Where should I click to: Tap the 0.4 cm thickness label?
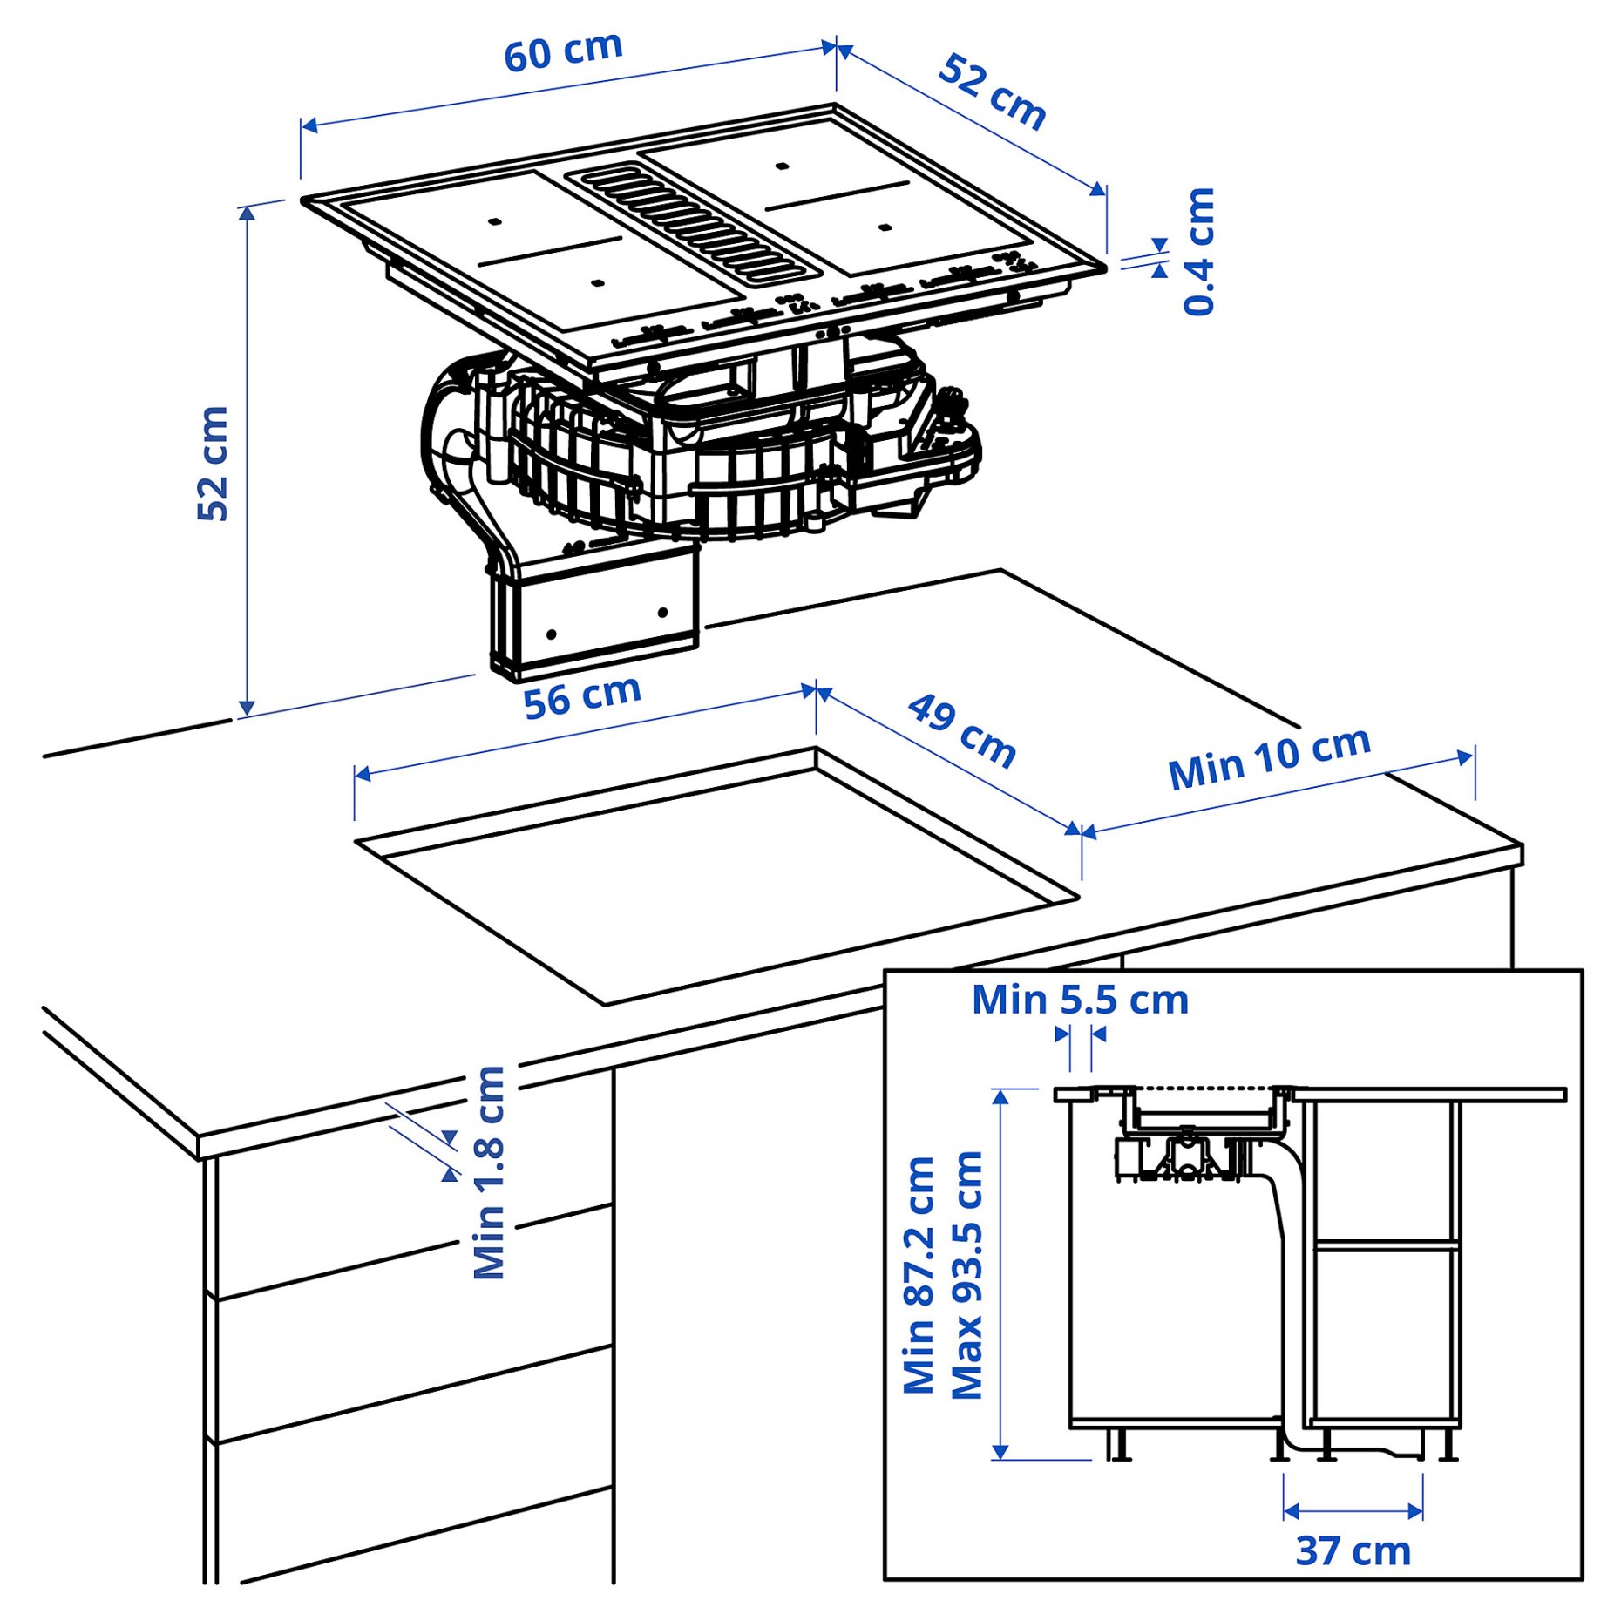coord(1199,251)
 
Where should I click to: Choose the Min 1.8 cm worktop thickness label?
coord(489,1172)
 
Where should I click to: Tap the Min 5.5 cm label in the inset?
coord(1080,1000)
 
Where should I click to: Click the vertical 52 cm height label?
coord(212,464)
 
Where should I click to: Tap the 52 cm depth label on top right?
coord(992,92)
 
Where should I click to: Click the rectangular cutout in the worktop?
coord(715,880)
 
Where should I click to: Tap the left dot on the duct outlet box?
coord(551,634)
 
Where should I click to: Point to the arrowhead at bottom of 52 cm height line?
coord(247,707)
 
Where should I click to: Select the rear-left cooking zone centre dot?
coord(494,221)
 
